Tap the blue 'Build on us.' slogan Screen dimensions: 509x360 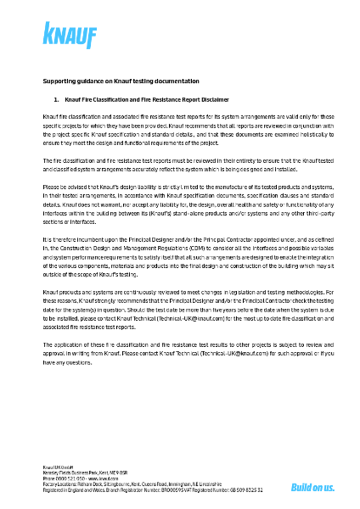(x=312, y=487)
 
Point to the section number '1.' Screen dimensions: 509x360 (x=56, y=99)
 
